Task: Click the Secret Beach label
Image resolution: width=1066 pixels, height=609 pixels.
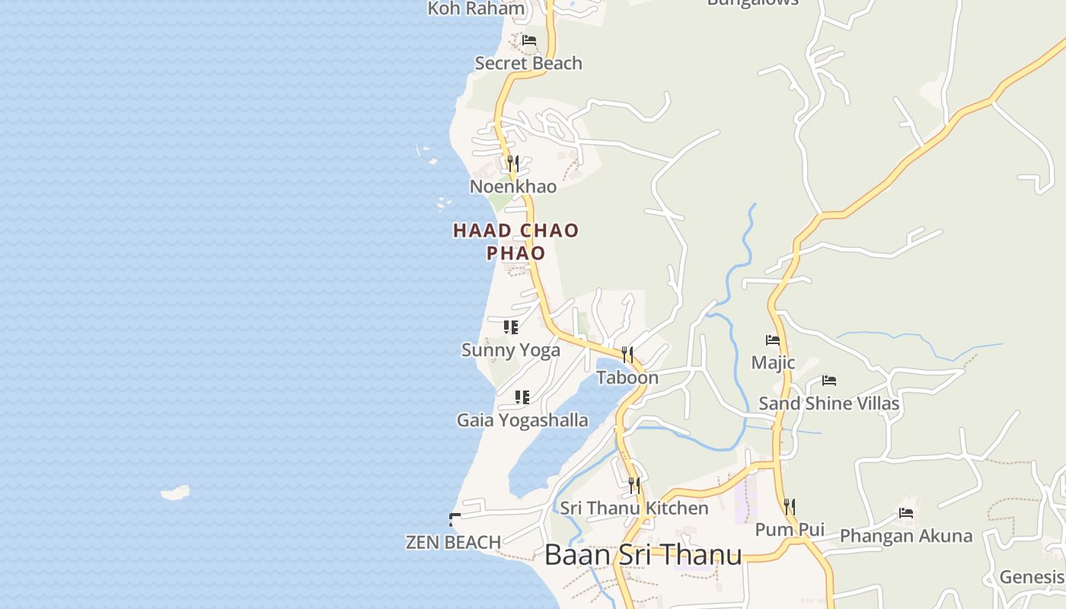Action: point(528,63)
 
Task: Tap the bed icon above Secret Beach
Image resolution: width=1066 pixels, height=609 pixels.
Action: point(529,40)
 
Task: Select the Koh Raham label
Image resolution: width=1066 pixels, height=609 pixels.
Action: point(476,9)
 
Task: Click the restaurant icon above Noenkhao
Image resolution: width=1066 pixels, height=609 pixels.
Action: point(512,164)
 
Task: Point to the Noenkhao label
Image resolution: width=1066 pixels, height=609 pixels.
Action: point(512,187)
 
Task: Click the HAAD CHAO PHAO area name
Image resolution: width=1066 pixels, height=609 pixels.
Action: point(516,241)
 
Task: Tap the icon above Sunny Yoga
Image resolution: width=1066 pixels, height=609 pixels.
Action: point(511,327)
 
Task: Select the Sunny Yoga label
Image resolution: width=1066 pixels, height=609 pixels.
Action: point(510,350)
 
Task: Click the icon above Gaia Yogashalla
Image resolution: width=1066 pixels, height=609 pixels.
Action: point(522,397)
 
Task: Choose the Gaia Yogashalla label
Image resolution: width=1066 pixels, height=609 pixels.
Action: point(522,420)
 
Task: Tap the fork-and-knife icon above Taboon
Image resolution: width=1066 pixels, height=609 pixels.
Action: point(627,354)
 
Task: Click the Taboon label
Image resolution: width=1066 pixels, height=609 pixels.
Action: point(627,378)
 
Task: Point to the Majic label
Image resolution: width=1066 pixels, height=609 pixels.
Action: point(773,362)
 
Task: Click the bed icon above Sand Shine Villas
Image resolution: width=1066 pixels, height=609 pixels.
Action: point(829,381)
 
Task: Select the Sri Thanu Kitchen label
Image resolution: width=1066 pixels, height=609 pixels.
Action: point(634,508)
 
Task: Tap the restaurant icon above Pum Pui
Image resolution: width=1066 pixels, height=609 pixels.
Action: point(790,506)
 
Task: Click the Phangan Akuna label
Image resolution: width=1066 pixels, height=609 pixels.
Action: point(905,536)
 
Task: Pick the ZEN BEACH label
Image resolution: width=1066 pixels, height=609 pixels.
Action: point(453,542)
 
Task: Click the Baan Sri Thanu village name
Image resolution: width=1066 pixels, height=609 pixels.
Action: point(643,554)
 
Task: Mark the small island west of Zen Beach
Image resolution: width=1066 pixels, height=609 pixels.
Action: point(175,493)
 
